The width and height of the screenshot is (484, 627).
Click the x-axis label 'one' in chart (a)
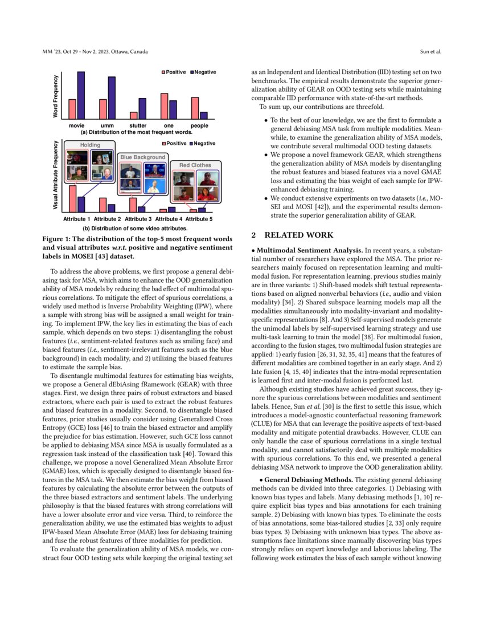click(x=169, y=125)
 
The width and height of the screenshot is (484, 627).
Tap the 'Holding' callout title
click(x=90, y=145)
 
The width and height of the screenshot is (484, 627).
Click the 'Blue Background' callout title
click(x=142, y=157)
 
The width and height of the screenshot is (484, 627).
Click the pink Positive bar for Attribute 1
click(x=73, y=199)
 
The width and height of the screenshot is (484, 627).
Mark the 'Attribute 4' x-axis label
click(x=169, y=219)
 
